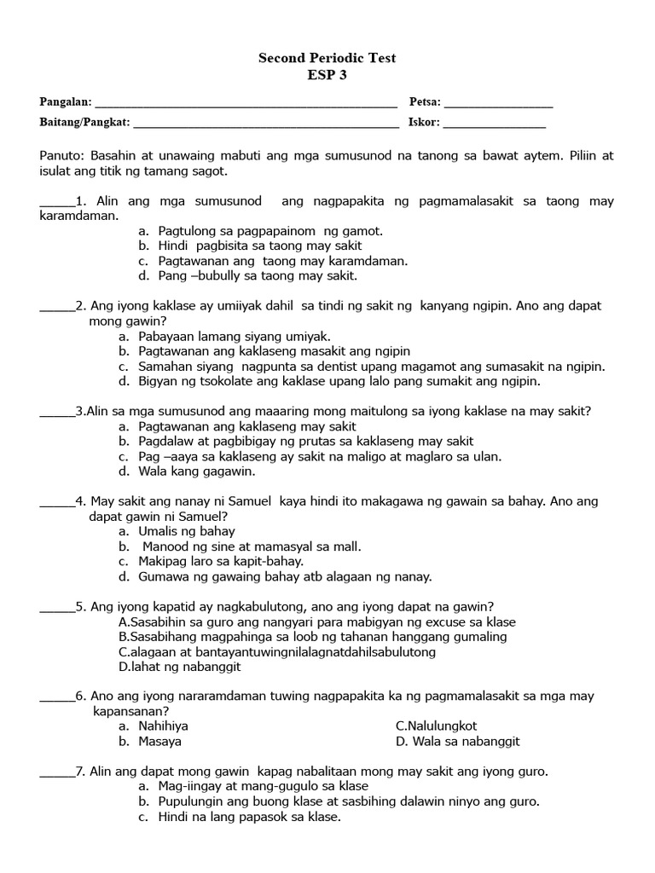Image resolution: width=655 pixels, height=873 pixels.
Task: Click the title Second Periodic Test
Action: (x=327, y=58)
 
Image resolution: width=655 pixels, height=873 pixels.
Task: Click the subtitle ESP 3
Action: (x=327, y=74)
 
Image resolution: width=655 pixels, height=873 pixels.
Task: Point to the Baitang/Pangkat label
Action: (x=84, y=123)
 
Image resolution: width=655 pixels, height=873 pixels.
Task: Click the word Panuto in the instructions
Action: (x=60, y=156)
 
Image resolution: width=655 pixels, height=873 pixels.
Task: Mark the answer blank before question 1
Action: (x=56, y=203)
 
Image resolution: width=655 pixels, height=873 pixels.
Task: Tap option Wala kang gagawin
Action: (x=197, y=471)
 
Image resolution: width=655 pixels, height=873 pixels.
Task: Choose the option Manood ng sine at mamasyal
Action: (x=251, y=546)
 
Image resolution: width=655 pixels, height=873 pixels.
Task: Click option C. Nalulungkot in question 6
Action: (x=437, y=726)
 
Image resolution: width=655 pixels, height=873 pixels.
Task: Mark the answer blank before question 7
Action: (x=56, y=772)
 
